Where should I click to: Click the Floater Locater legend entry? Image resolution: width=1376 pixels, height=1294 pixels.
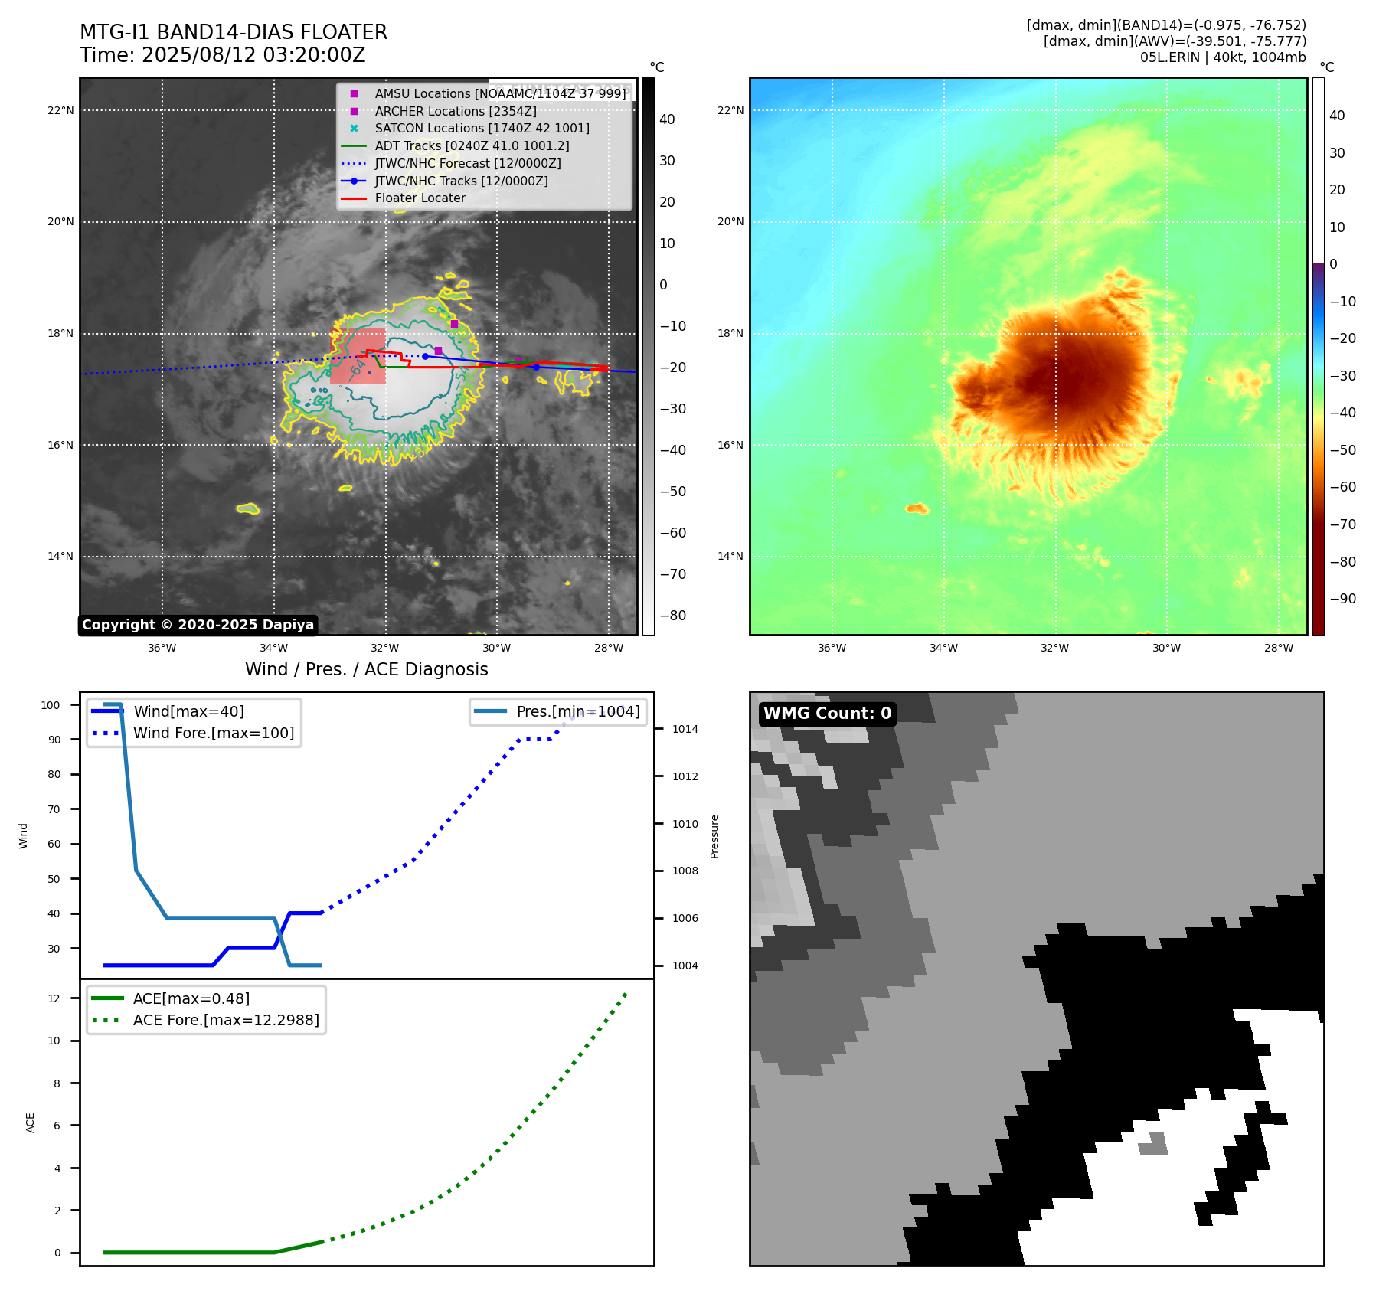pos(420,198)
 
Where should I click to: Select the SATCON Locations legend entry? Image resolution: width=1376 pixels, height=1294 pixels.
pos(482,129)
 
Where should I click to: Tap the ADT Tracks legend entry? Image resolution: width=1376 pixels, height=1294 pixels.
pos(472,146)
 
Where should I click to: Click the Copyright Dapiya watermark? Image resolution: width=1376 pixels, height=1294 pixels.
pos(198,625)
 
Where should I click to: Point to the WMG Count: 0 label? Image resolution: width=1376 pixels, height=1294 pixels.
pos(827,714)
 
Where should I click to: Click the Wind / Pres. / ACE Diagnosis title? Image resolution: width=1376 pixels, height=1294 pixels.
pos(366,670)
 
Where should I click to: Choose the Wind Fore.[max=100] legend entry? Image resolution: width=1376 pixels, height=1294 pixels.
pos(213,734)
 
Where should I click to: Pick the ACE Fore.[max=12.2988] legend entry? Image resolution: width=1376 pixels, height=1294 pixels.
pos(226,1021)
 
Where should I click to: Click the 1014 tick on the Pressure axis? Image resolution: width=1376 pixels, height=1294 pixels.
pos(685,730)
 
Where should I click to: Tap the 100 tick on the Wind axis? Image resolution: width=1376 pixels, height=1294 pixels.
pos(51,705)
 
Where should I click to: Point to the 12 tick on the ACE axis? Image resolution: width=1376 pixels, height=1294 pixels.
pos(54,998)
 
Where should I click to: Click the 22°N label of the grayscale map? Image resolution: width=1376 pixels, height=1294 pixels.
pos(60,111)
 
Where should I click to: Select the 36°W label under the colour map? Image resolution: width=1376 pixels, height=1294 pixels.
pos(832,649)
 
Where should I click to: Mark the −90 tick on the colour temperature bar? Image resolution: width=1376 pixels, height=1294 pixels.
pos(1342,599)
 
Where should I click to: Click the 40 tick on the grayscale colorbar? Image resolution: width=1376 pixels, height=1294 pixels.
pos(667,119)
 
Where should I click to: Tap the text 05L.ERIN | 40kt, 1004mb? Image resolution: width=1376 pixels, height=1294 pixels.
pos(1222,57)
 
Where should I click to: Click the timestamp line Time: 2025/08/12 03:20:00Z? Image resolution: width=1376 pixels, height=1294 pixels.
pos(223,56)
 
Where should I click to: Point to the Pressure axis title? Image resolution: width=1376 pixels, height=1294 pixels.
pos(714,836)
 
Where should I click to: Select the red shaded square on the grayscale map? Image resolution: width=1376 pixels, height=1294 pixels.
pos(358,357)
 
